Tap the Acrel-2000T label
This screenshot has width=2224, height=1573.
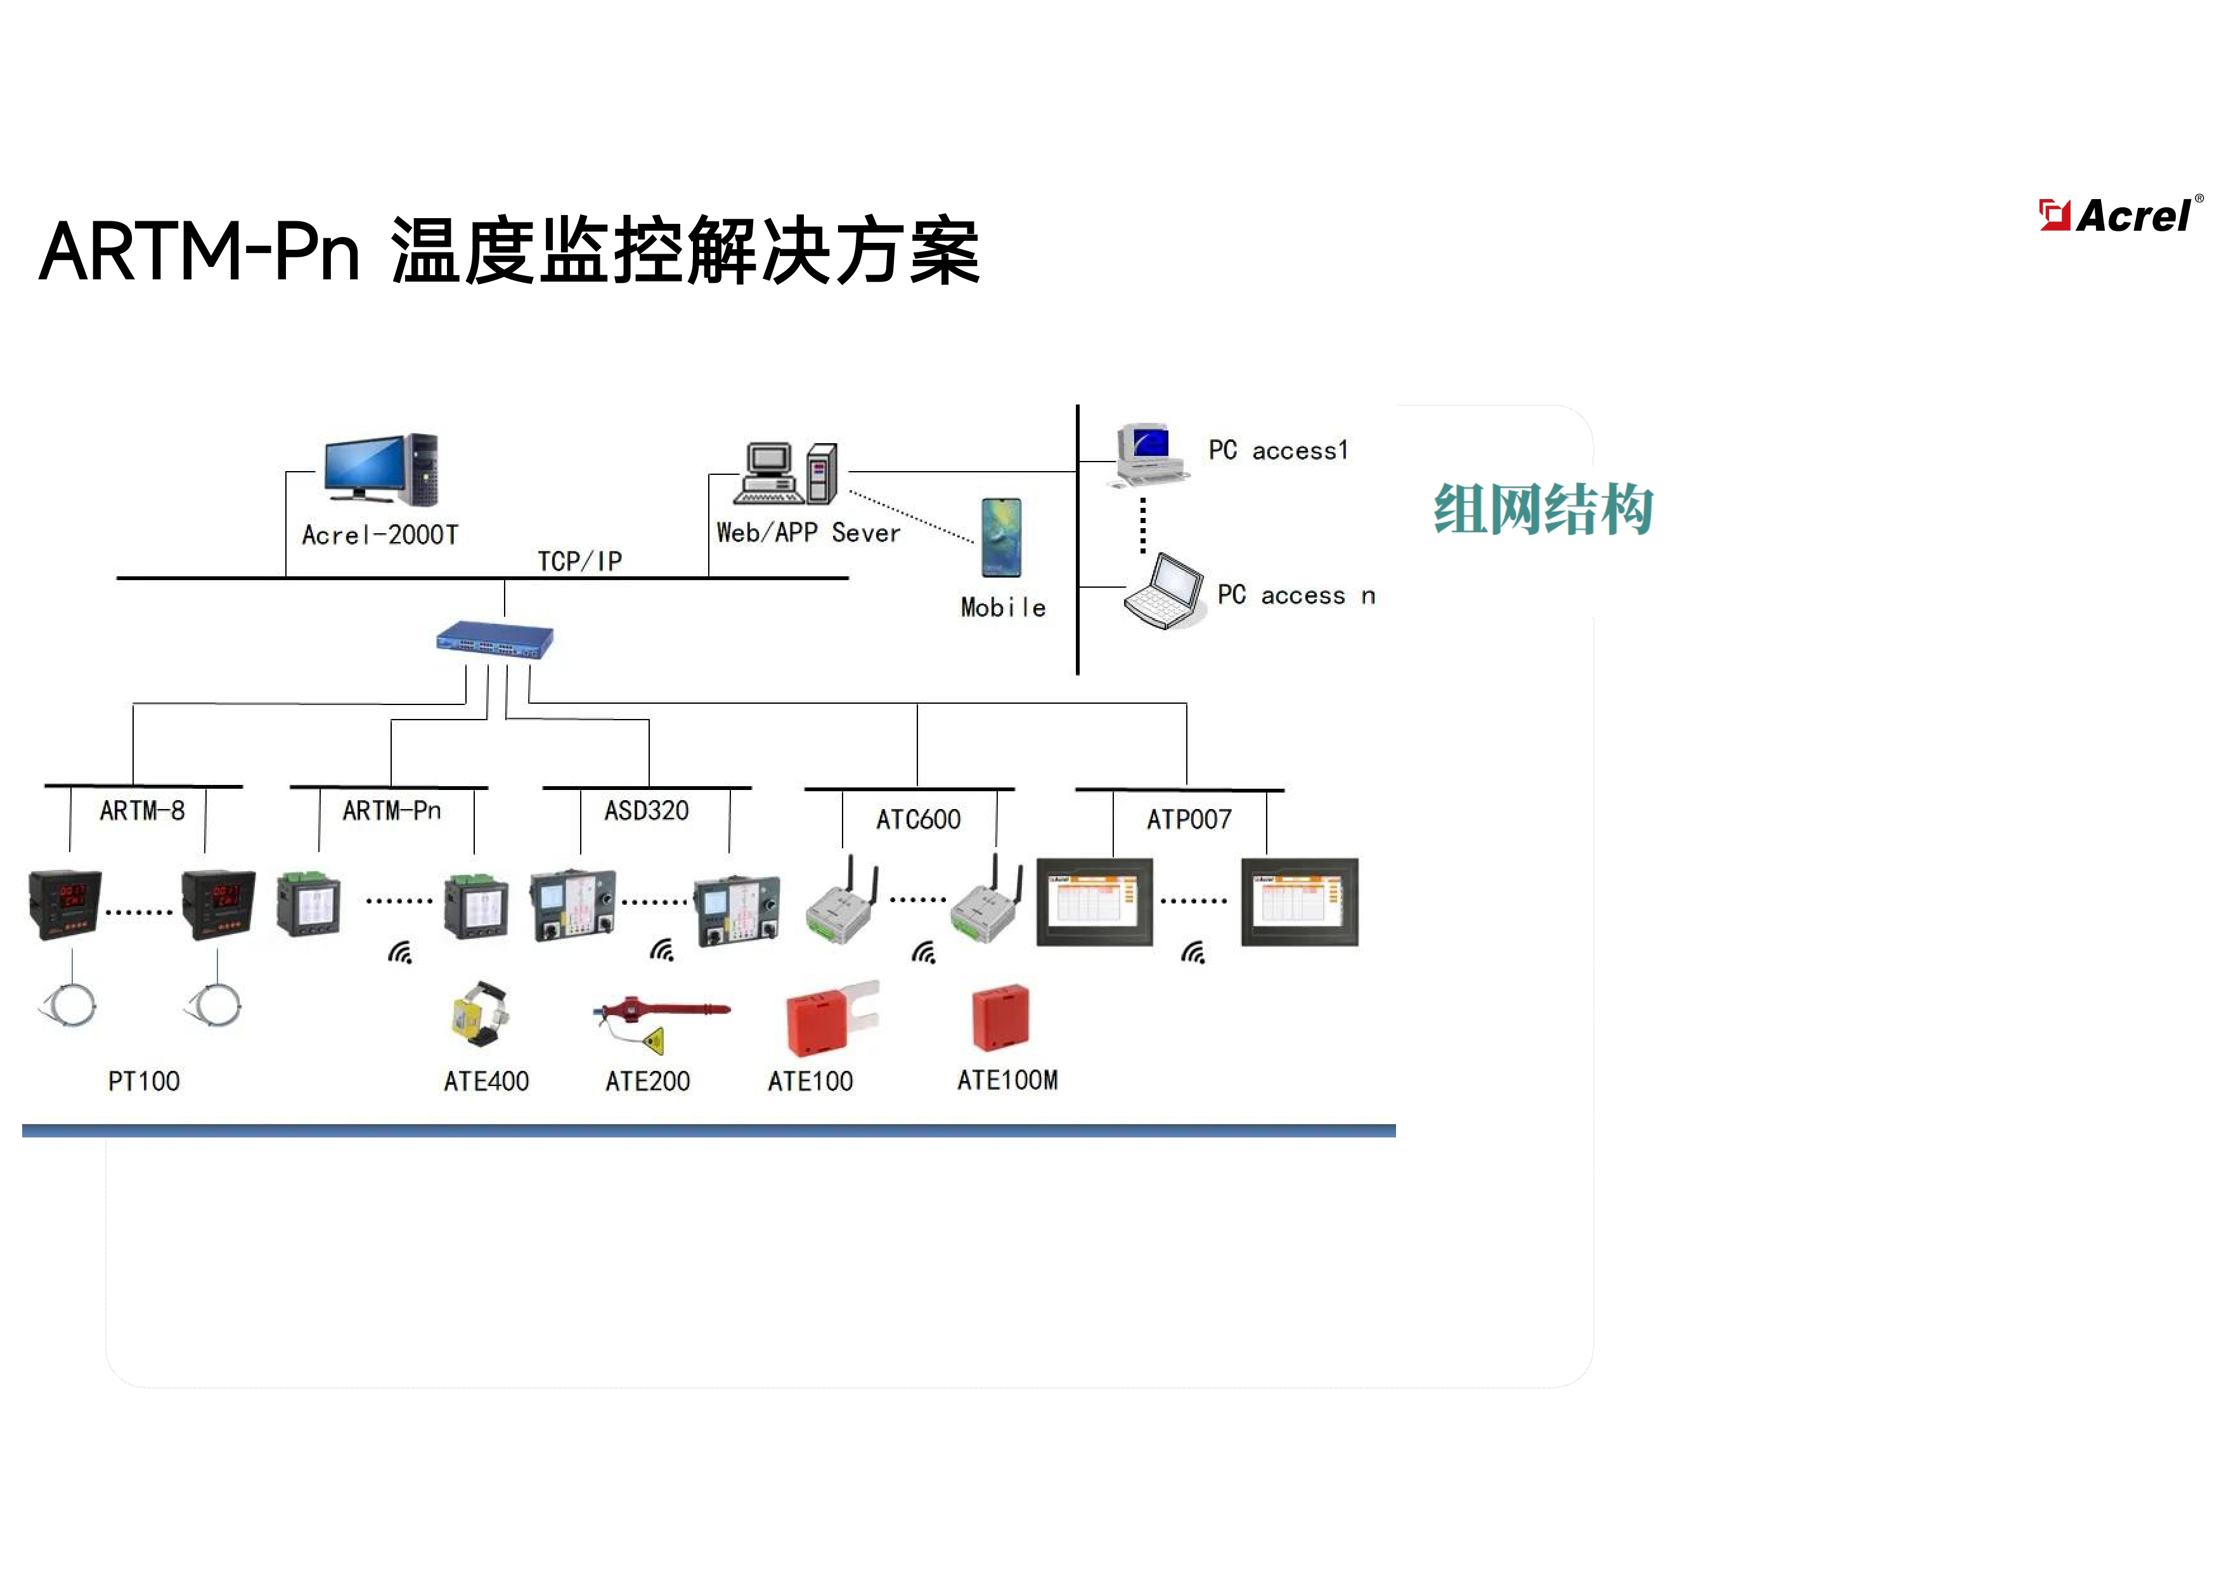[x=380, y=534]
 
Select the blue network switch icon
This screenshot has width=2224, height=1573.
[x=494, y=640]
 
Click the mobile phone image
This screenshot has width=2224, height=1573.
[x=1000, y=538]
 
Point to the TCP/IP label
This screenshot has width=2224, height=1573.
[x=579, y=561]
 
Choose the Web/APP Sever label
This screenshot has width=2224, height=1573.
[x=808, y=533]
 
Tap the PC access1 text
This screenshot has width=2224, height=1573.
[x=1277, y=450]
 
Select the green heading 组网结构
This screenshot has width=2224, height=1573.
[x=1543, y=510]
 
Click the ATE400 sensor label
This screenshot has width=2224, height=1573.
[x=486, y=1081]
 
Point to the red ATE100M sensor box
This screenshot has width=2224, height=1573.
[x=1000, y=1017]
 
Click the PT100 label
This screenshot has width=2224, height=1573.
[x=143, y=1081]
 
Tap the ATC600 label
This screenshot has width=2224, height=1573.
[x=918, y=819]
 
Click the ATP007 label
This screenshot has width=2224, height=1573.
[x=1189, y=819]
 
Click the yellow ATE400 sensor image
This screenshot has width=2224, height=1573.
[x=479, y=1015]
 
